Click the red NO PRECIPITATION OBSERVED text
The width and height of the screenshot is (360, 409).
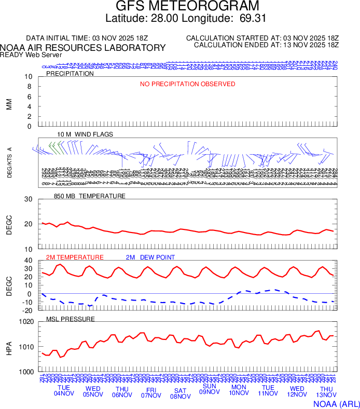click(187, 84)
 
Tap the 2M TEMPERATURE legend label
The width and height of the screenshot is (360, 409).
click(75, 257)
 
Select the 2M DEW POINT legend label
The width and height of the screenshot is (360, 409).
click(150, 257)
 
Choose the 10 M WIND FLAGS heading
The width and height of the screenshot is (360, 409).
click(85, 134)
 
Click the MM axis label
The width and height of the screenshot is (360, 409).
click(9, 104)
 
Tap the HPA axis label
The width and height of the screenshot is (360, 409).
click(9, 347)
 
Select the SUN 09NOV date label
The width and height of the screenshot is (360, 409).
click(210, 389)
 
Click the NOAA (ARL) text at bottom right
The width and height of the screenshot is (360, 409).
click(336, 403)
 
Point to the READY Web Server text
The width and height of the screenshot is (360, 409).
click(31, 55)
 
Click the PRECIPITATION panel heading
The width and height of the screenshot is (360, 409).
click(70, 74)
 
